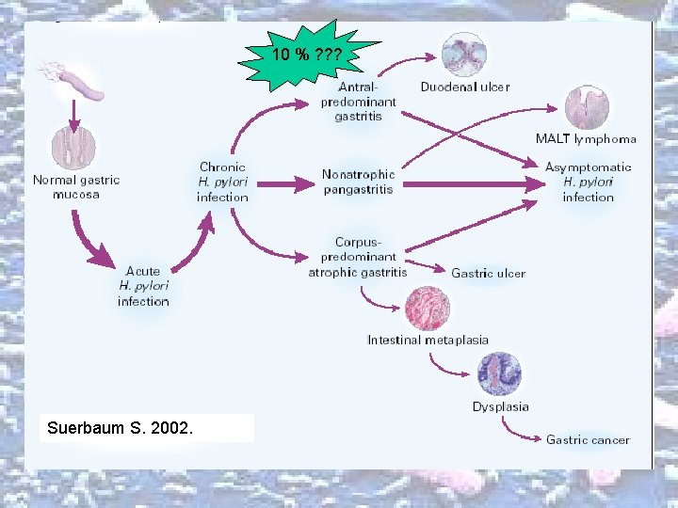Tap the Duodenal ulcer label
(x=464, y=87)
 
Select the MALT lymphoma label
(x=586, y=138)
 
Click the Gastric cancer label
(x=588, y=439)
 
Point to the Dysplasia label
(x=500, y=406)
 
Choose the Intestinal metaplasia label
(x=428, y=340)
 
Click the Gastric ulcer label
(x=488, y=273)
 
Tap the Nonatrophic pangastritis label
(x=358, y=182)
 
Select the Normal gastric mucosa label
(x=76, y=186)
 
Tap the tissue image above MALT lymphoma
(x=587, y=108)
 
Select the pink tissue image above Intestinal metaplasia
(x=428, y=308)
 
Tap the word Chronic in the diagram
(x=222, y=167)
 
